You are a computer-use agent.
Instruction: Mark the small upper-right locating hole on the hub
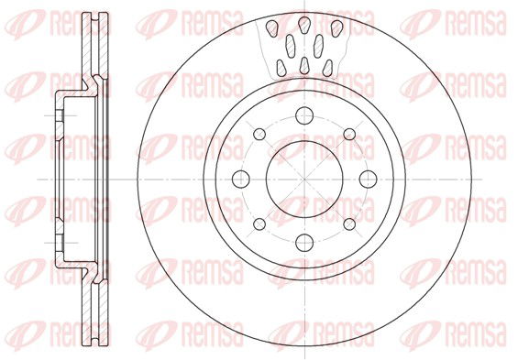tap(348, 134)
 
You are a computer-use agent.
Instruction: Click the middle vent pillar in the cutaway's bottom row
tap(303, 65)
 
